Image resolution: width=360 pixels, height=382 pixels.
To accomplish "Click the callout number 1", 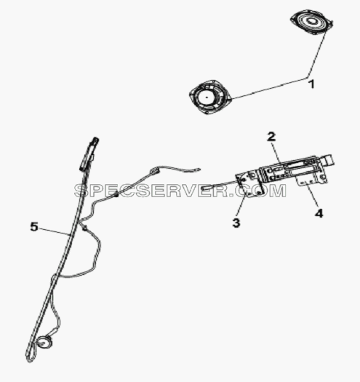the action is [311, 84].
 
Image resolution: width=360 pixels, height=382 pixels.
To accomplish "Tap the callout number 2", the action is [271, 137].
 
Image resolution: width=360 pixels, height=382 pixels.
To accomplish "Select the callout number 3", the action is [236, 223].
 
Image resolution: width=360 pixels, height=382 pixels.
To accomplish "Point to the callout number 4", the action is [319, 214].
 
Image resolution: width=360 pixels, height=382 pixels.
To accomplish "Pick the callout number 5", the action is [34, 227].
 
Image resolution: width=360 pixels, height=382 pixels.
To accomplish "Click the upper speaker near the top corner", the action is [311, 22].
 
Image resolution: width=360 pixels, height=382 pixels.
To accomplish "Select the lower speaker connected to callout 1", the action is [209, 97].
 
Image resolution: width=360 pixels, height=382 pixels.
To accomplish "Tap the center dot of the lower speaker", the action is [207, 97].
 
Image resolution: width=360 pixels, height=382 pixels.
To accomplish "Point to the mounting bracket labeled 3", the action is [249, 184].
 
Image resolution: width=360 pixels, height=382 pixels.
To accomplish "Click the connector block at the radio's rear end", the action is [327, 161].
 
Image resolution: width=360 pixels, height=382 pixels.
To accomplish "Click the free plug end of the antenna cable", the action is [198, 170].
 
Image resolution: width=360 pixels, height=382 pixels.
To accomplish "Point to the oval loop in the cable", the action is [155, 170].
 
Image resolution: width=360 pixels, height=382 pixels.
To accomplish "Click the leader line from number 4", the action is [311, 196].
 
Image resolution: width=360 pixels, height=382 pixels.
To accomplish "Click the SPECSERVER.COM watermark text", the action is [180, 191].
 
